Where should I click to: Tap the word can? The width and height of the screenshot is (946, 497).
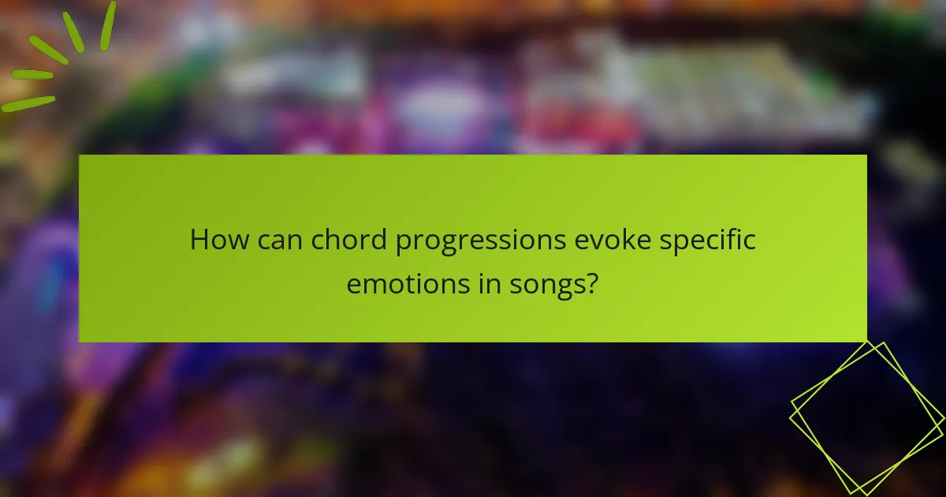tap(277, 240)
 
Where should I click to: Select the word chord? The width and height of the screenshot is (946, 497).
tap(348, 240)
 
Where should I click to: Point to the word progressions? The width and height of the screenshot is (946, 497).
tap(482, 241)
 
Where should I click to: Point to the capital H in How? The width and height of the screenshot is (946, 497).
tap(200, 240)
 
